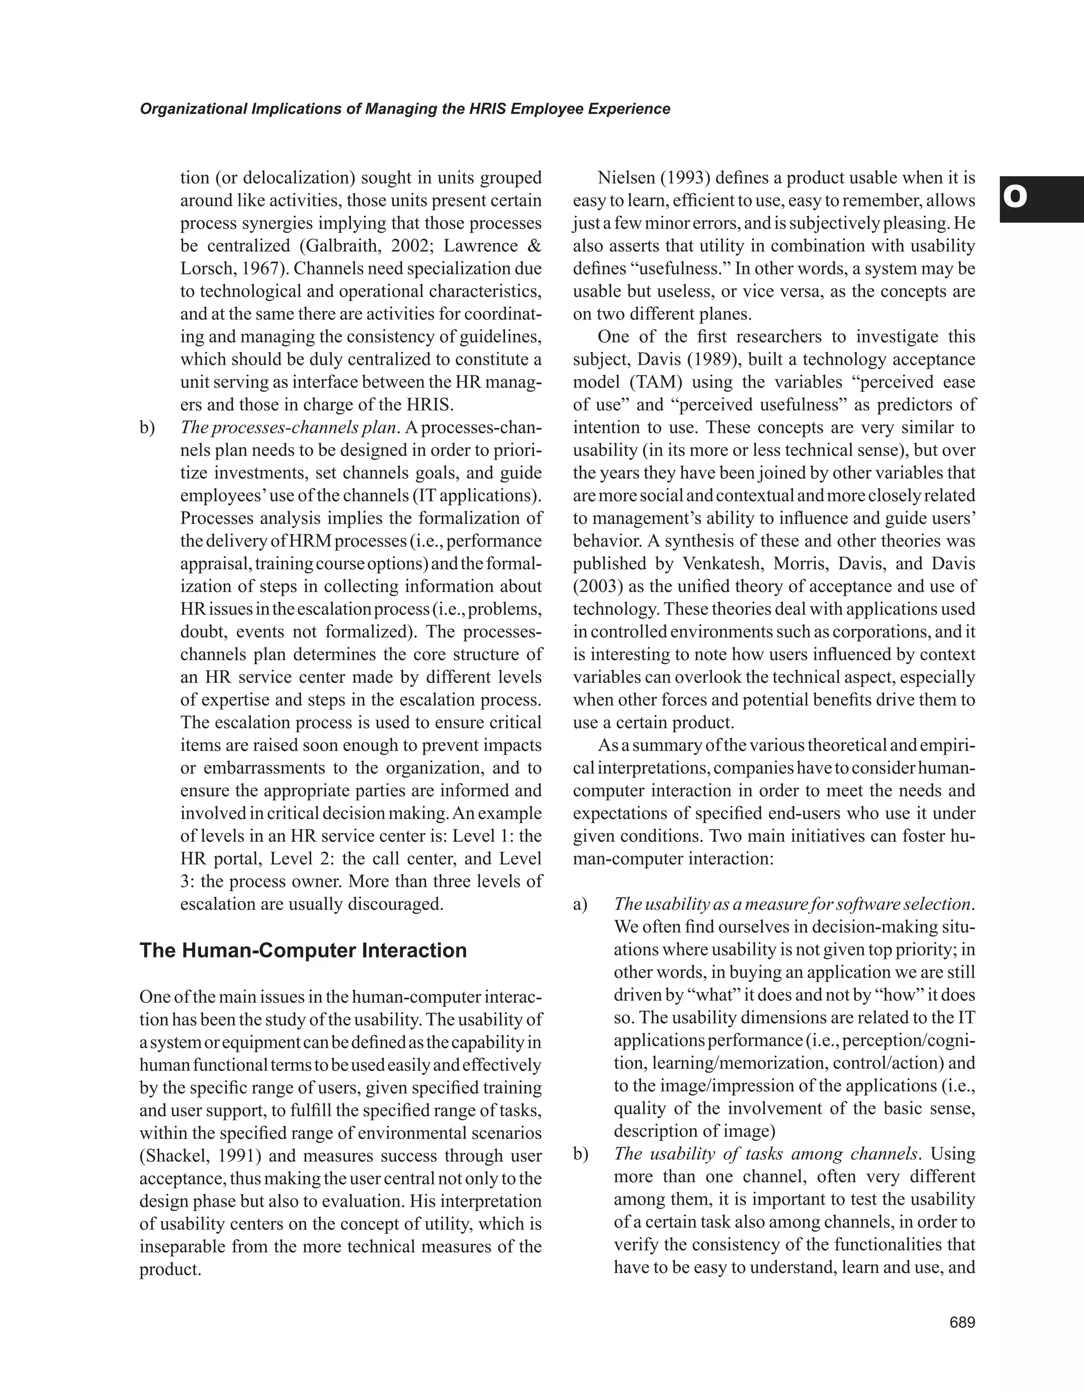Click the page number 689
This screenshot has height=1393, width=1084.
tap(962, 1322)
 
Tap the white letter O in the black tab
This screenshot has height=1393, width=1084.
tap(1015, 198)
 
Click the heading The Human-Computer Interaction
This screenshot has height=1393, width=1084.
tap(303, 950)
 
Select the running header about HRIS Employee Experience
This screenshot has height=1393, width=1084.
tap(404, 109)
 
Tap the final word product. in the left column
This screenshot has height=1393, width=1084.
tap(170, 1269)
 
